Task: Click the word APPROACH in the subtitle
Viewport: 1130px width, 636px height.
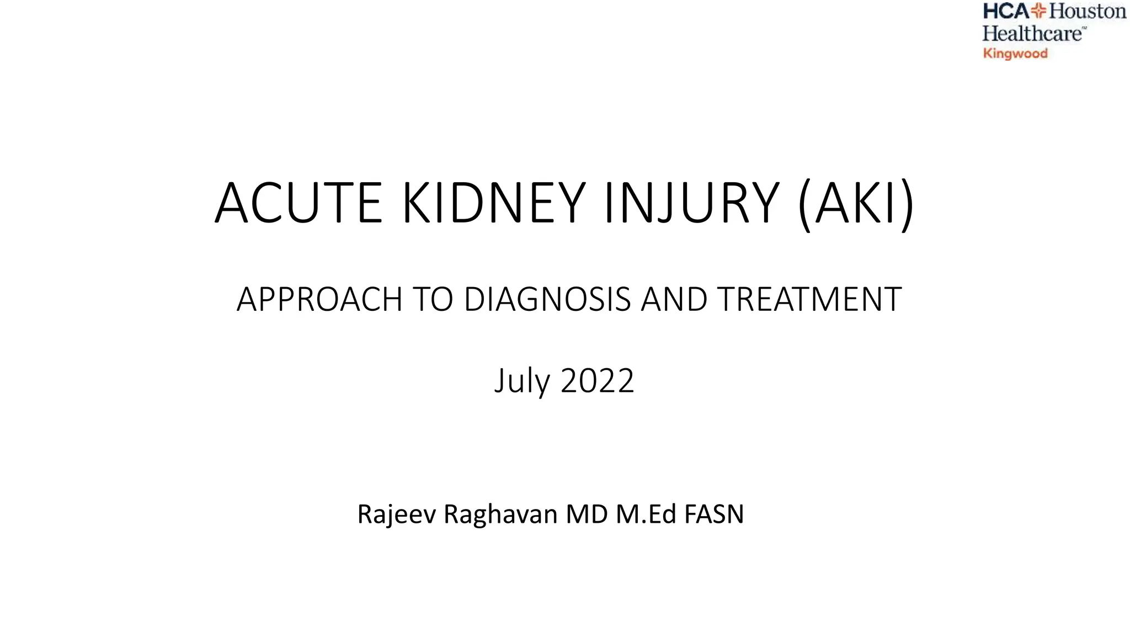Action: click(x=319, y=299)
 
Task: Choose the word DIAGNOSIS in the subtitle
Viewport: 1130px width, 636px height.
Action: click(x=547, y=299)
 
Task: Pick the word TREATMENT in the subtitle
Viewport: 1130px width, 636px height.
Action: click(x=809, y=299)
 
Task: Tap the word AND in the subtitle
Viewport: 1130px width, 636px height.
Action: click(x=674, y=299)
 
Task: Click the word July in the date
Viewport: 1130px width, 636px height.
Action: click(x=522, y=381)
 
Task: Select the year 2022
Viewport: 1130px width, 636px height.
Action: click(x=598, y=381)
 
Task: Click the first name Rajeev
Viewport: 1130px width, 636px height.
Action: click(x=396, y=514)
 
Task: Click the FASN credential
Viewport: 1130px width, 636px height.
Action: click(x=714, y=514)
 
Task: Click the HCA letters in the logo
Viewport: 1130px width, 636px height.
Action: click(x=1006, y=11)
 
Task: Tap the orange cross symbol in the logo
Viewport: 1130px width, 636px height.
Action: click(x=1039, y=11)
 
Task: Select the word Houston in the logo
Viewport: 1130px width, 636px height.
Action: click(x=1088, y=11)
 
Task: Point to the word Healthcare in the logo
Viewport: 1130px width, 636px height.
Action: click(x=1032, y=34)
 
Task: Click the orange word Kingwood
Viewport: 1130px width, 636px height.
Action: click(x=1015, y=54)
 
